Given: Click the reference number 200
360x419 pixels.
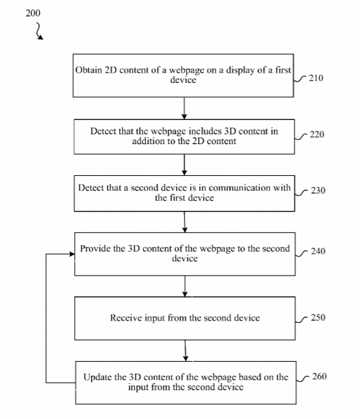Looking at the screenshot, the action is tap(33, 13).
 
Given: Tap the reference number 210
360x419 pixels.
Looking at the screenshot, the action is tap(316, 78).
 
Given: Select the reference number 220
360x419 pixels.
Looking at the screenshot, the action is tap(317, 134).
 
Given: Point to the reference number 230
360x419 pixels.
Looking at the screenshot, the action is tap(318, 191).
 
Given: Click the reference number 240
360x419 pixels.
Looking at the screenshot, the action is tap(318, 251).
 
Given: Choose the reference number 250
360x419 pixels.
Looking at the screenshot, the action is tap(318, 317).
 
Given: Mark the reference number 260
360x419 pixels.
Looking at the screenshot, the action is tap(320, 377).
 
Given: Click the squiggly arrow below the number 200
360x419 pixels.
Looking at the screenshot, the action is tap(39, 31).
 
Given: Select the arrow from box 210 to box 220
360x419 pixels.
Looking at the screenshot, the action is tap(184, 108).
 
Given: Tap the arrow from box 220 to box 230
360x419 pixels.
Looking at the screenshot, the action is tap(184, 165).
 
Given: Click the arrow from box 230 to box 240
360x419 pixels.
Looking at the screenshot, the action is tap(185, 222).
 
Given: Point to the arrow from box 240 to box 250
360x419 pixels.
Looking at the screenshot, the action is tap(185, 286).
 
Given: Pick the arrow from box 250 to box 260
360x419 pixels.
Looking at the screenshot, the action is tap(185, 350).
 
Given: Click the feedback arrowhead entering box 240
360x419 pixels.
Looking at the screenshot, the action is tap(72, 254).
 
